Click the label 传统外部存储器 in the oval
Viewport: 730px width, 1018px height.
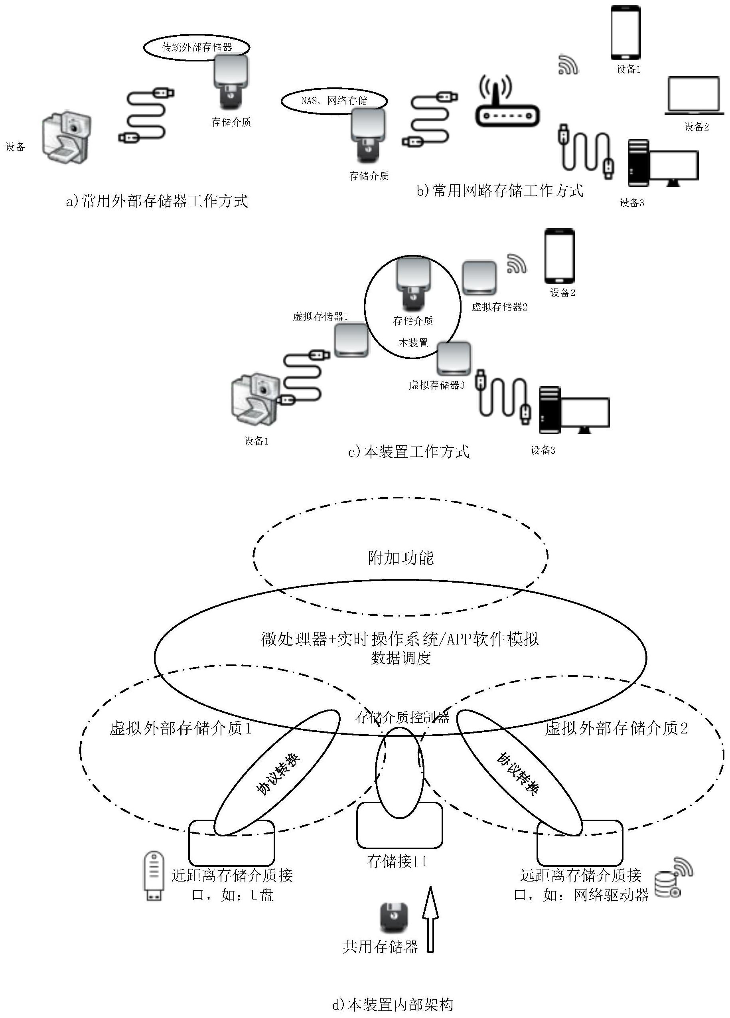point(197,47)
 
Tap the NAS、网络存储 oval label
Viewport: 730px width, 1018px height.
point(334,101)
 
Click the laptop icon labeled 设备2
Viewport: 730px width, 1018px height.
point(694,96)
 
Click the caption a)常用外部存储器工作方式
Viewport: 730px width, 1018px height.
point(157,201)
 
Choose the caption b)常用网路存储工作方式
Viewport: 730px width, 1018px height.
point(500,191)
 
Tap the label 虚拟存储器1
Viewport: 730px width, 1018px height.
point(320,316)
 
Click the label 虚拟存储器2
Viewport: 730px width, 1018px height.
point(499,307)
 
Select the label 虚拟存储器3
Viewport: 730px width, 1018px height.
point(436,385)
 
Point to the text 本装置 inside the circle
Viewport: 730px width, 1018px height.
point(413,343)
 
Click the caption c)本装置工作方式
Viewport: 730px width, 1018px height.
point(409,452)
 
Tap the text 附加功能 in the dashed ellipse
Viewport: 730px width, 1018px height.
point(401,557)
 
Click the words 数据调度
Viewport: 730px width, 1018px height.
point(401,658)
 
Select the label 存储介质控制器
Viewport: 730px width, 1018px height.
point(402,717)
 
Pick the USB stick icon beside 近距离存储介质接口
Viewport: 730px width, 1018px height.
point(153,875)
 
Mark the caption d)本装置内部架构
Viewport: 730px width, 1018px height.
point(393,1004)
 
